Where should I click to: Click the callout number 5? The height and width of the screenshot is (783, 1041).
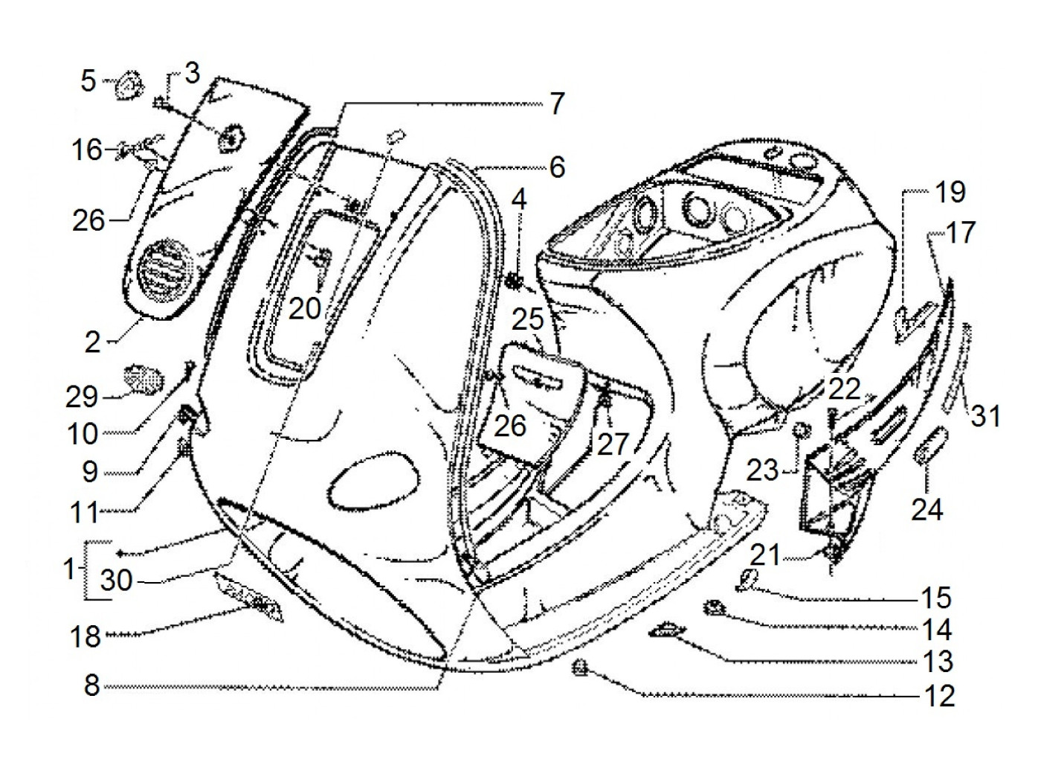88,81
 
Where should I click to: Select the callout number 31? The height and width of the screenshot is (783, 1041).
986,416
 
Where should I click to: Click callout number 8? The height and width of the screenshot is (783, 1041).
91,685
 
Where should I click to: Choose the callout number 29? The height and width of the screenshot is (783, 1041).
81,397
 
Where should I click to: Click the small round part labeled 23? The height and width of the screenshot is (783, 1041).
799,430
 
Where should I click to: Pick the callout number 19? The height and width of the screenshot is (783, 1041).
950,192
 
